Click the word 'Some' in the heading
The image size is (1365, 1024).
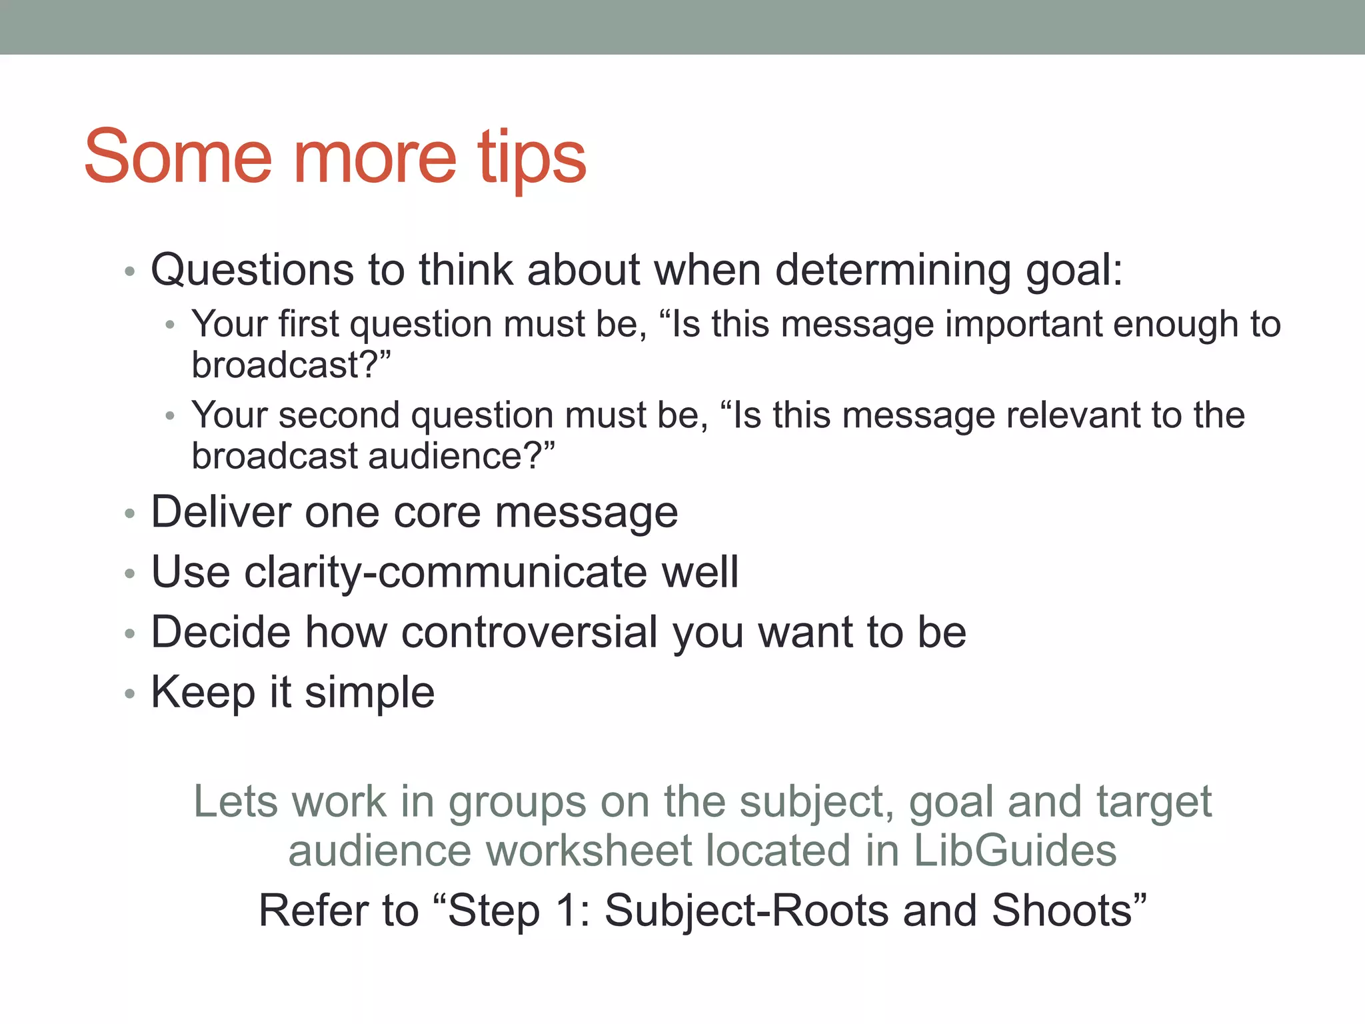click(x=178, y=157)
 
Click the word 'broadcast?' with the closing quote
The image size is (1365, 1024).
click(x=291, y=365)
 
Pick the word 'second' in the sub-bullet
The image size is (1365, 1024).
click(x=339, y=416)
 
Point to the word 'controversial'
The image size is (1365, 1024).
click(x=530, y=632)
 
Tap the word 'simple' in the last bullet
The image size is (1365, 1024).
click(x=369, y=692)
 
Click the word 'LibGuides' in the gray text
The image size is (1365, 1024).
click(x=1014, y=851)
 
